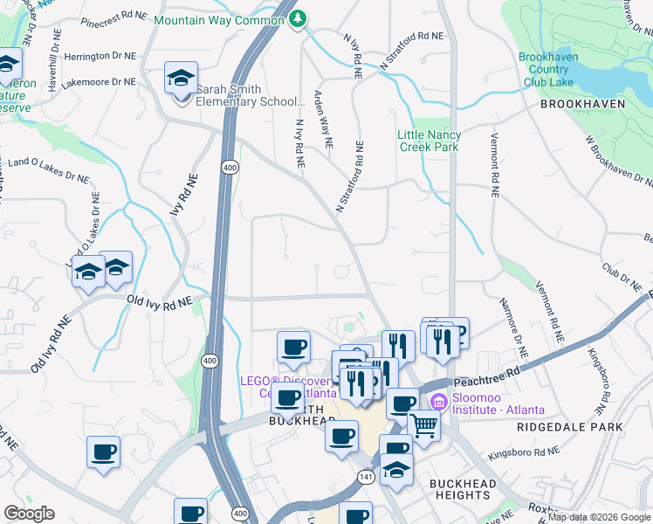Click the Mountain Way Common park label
pyautogui.click(x=222, y=19)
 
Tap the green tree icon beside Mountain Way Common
pyautogui.click(x=299, y=18)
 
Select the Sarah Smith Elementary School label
pyautogui.click(x=250, y=95)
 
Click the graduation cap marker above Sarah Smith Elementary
pyautogui.click(x=182, y=79)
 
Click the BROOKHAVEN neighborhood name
pyautogui.click(x=582, y=103)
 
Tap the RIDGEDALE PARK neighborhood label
pyautogui.click(x=569, y=427)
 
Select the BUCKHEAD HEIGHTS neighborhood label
pyautogui.click(x=463, y=489)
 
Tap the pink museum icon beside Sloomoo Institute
pyautogui.click(x=438, y=403)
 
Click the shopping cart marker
pyautogui.click(x=425, y=426)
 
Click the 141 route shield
pyautogui.click(x=366, y=478)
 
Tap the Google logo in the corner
pyautogui.click(x=29, y=514)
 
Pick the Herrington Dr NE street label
pyautogui.click(x=100, y=55)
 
